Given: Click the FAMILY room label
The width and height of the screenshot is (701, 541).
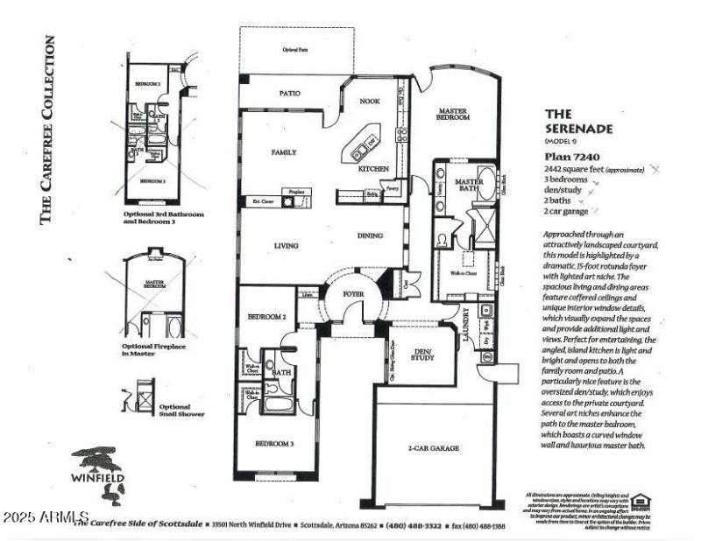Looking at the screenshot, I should click(x=283, y=152).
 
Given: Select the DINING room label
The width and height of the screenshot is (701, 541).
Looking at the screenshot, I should click(x=370, y=235).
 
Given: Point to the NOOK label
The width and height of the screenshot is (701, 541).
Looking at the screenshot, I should click(x=370, y=102).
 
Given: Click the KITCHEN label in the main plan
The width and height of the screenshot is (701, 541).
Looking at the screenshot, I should click(x=374, y=168).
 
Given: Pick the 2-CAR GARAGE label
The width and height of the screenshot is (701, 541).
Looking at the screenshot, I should click(x=433, y=448).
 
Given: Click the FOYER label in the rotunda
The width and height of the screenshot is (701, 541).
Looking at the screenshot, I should click(x=353, y=294).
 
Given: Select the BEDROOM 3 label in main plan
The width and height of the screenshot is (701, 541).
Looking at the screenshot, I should click(x=274, y=444).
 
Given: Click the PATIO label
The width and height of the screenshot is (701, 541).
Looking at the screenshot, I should click(x=290, y=92).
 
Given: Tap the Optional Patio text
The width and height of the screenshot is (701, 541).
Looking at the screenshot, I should click(x=295, y=50).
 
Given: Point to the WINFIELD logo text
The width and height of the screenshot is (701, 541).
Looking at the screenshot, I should click(x=97, y=477).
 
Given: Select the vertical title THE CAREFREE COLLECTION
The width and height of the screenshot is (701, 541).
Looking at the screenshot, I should click(x=49, y=130).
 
